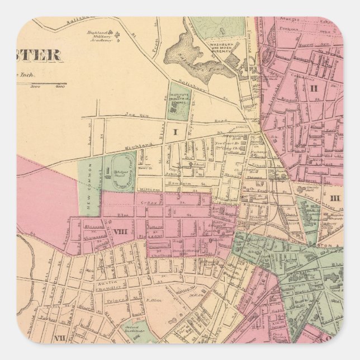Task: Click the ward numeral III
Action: (x=334, y=197)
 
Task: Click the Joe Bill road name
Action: (x=135, y=115)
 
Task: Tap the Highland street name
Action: (x=139, y=146)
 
